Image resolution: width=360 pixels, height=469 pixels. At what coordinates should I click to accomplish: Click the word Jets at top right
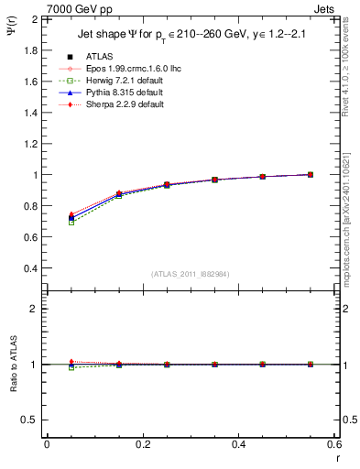click(327, 7)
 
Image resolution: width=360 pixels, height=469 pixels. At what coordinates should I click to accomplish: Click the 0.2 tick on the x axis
click(142, 444)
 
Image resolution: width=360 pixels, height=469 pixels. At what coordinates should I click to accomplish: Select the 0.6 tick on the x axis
click(333, 444)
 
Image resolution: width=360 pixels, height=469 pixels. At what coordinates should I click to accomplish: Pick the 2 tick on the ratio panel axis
click(35, 309)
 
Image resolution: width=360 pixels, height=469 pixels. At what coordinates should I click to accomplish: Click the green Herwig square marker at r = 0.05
click(71, 223)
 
